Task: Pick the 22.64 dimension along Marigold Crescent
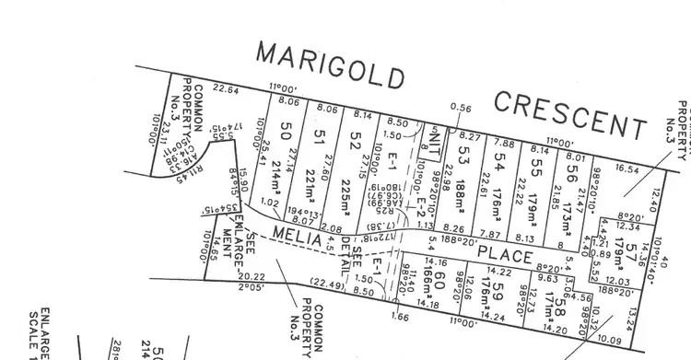coord(225,89)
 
